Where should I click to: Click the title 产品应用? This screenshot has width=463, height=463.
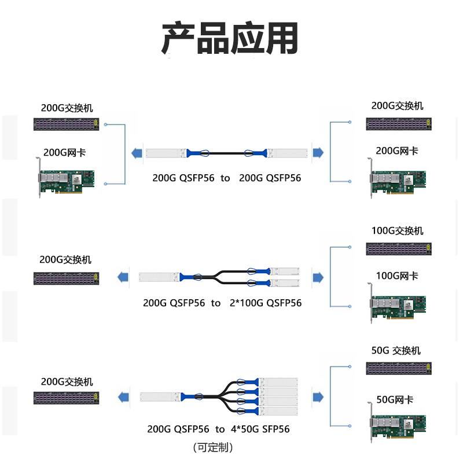(x=230, y=39)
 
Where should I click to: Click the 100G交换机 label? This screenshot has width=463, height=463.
(x=397, y=230)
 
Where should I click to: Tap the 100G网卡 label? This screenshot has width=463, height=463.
(x=397, y=275)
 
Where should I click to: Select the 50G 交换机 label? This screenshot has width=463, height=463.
(x=396, y=350)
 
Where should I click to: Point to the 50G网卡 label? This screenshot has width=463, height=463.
(x=395, y=399)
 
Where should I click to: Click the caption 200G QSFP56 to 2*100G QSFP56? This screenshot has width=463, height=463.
(x=222, y=303)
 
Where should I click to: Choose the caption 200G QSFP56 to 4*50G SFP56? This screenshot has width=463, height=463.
(x=218, y=429)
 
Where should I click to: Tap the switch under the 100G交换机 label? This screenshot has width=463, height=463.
(x=399, y=249)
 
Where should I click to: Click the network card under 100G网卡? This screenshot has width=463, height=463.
(x=398, y=305)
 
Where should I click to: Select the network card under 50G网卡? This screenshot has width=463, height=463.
(x=398, y=425)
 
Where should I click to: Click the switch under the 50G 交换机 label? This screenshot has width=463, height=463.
(x=399, y=368)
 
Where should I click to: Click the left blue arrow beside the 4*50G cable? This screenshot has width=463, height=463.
(x=123, y=397)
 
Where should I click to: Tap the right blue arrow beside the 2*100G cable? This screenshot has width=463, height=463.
(x=318, y=277)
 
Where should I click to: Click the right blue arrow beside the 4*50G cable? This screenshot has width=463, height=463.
(x=318, y=396)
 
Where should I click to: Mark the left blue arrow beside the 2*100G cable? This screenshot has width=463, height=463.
(x=123, y=277)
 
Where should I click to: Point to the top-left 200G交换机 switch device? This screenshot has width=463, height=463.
(x=66, y=124)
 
